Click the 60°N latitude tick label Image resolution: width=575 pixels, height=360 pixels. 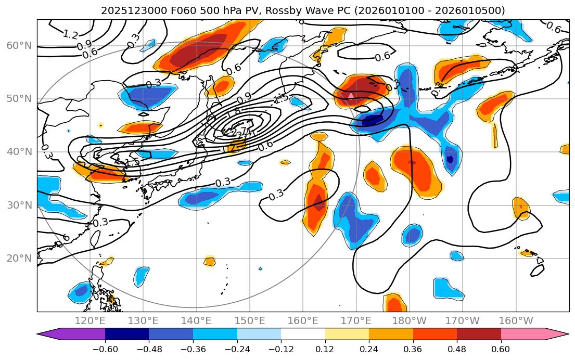tap(19, 46)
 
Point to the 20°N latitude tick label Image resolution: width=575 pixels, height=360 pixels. tap(19, 259)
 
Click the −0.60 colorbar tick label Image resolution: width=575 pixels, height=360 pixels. tap(105, 349)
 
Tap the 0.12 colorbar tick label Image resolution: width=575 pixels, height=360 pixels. tap(325, 349)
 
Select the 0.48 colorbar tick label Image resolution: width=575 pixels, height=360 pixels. tap(457, 349)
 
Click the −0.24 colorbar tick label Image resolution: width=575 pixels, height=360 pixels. tap(237, 349)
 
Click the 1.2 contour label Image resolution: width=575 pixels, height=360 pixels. tap(70, 35)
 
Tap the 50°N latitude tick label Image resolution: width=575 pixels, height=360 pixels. tap(19, 99)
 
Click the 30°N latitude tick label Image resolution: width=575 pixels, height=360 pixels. tap(19, 205)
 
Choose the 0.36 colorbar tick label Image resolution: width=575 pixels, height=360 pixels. tap(413, 349)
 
